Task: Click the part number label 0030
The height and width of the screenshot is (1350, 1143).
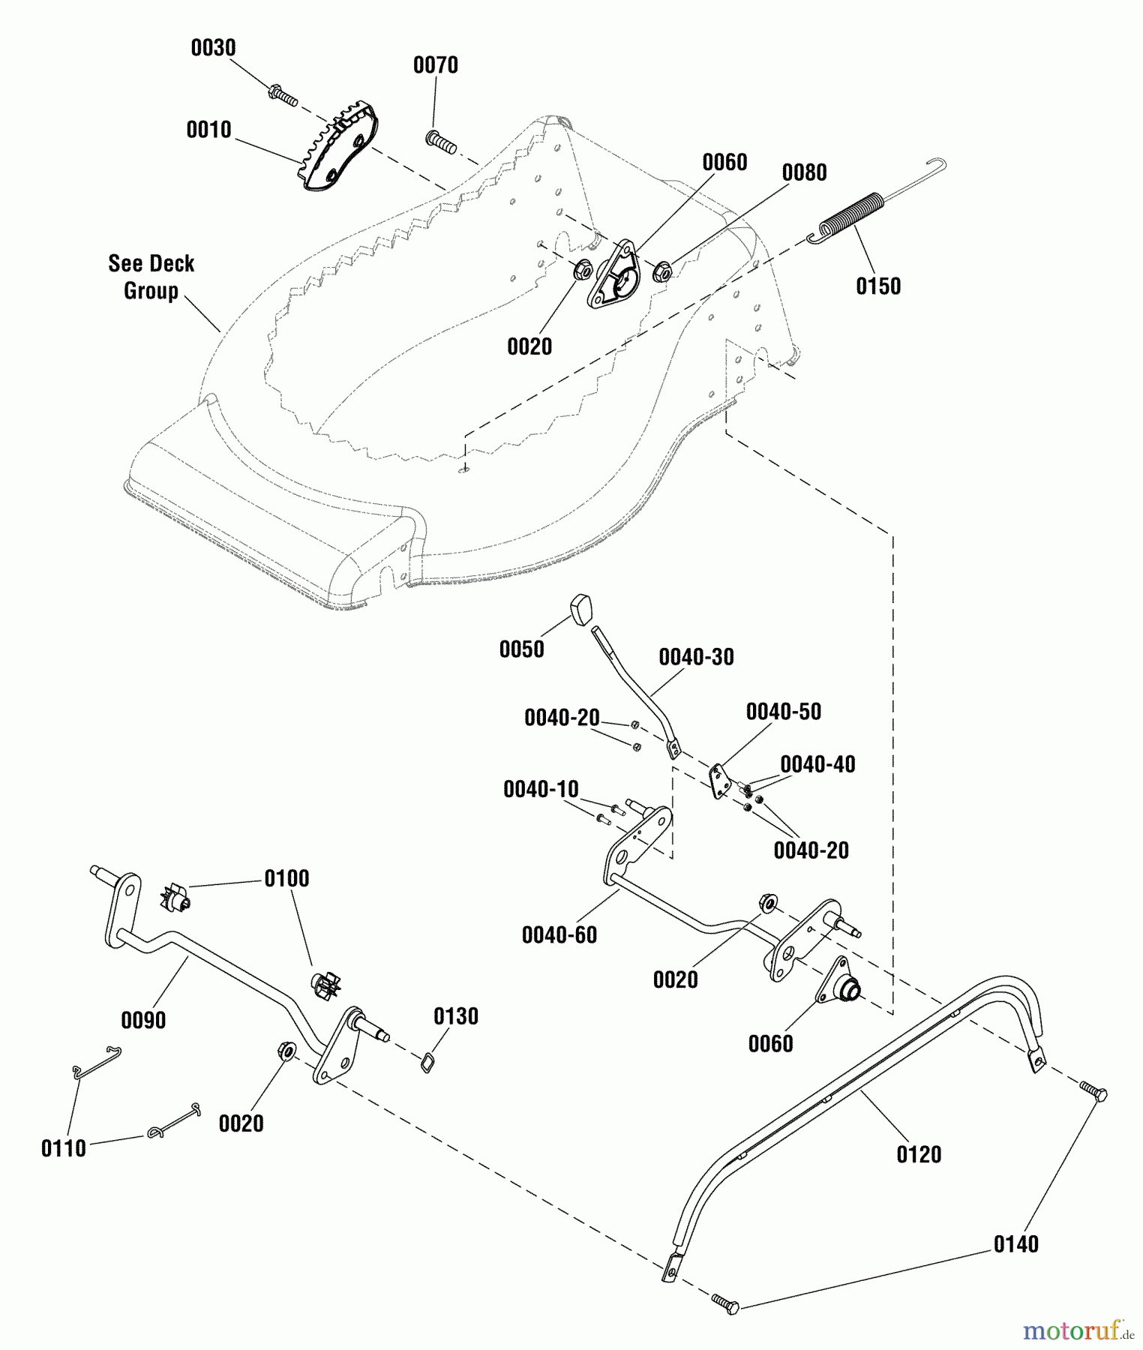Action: [213, 48]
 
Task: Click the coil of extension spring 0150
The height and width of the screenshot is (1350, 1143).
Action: [851, 214]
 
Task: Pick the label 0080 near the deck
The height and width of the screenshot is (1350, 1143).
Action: [804, 172]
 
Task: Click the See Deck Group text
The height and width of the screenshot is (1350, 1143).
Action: [151, 277]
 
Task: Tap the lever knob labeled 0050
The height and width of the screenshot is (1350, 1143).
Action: [581, 608]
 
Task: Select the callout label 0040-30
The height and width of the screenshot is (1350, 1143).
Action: [696, 657]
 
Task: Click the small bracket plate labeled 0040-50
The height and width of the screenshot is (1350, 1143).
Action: [720, 781]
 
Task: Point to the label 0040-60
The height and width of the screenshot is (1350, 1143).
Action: [559, 935]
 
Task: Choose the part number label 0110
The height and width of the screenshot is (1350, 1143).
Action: [64, 1148]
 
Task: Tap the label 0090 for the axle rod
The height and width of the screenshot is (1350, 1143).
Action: [143, 1020]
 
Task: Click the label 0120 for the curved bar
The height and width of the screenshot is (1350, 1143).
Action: [919, 1154]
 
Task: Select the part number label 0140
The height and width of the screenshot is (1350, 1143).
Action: [1015, 1244]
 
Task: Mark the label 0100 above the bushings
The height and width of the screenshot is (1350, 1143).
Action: [286, 879]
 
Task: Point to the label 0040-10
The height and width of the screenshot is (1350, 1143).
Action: [541, 789]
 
